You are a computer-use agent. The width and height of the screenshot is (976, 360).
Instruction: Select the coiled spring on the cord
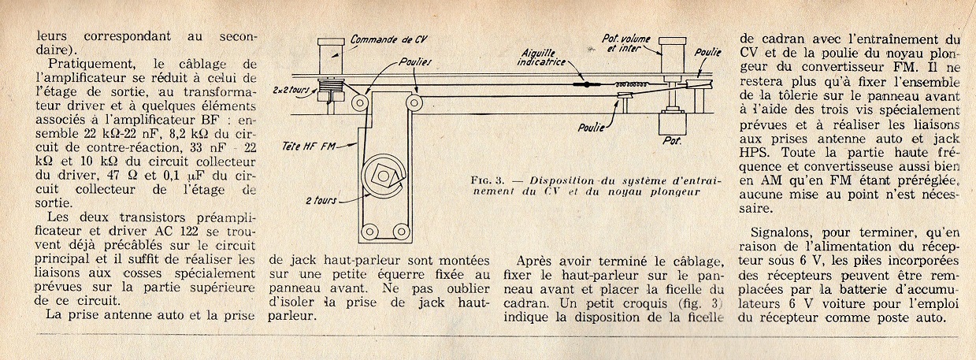coord(629,83)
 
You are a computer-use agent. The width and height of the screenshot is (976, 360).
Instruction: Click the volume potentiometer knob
coord(674,55)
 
